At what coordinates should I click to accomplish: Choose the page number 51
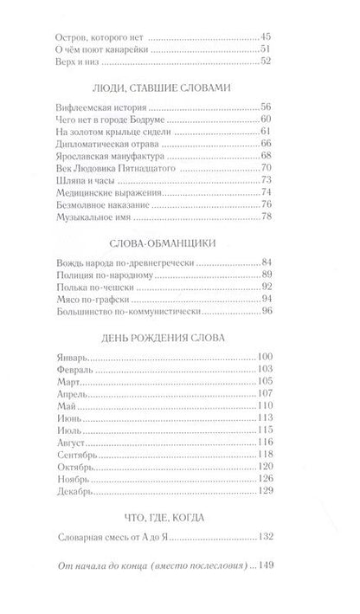point(267,48)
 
